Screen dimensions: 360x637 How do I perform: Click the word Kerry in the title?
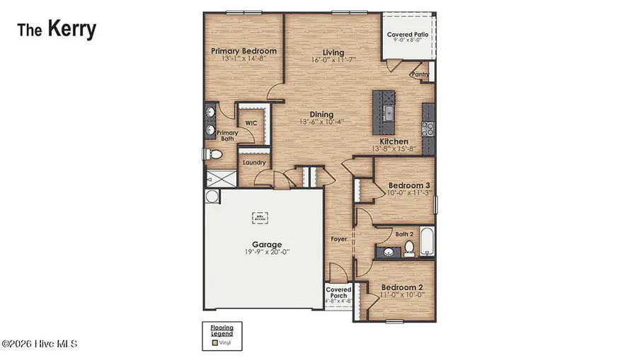pyautogui.click(x=71, y=29)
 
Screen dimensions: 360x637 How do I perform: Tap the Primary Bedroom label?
pyautogui.click(x=243, y=51)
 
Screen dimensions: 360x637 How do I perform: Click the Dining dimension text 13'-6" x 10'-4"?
pyautogui.click(x=321, y=122)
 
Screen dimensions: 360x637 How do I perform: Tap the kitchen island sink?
pyautogui.click(x=389, y=112)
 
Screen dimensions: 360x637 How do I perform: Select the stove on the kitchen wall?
pyautogui.click(x=428, y=129)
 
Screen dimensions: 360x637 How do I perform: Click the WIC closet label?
pyautogui.click(x=251, y=122)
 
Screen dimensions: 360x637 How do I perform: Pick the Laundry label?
pyautogui.click(x=253, y=163)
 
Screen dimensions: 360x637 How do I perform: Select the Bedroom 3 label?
pyautogui.click(x=409, y=185)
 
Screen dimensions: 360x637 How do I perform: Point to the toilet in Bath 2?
pyautogui.click(x=408, y=247)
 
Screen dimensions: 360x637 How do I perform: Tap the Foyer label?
pyautogui.click(x=339, y=239)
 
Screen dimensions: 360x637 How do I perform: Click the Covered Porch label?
pyautogui.click(x=338, y=294)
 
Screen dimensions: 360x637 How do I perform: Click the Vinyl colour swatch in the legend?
pyautogui.click(x=215, y=343)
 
